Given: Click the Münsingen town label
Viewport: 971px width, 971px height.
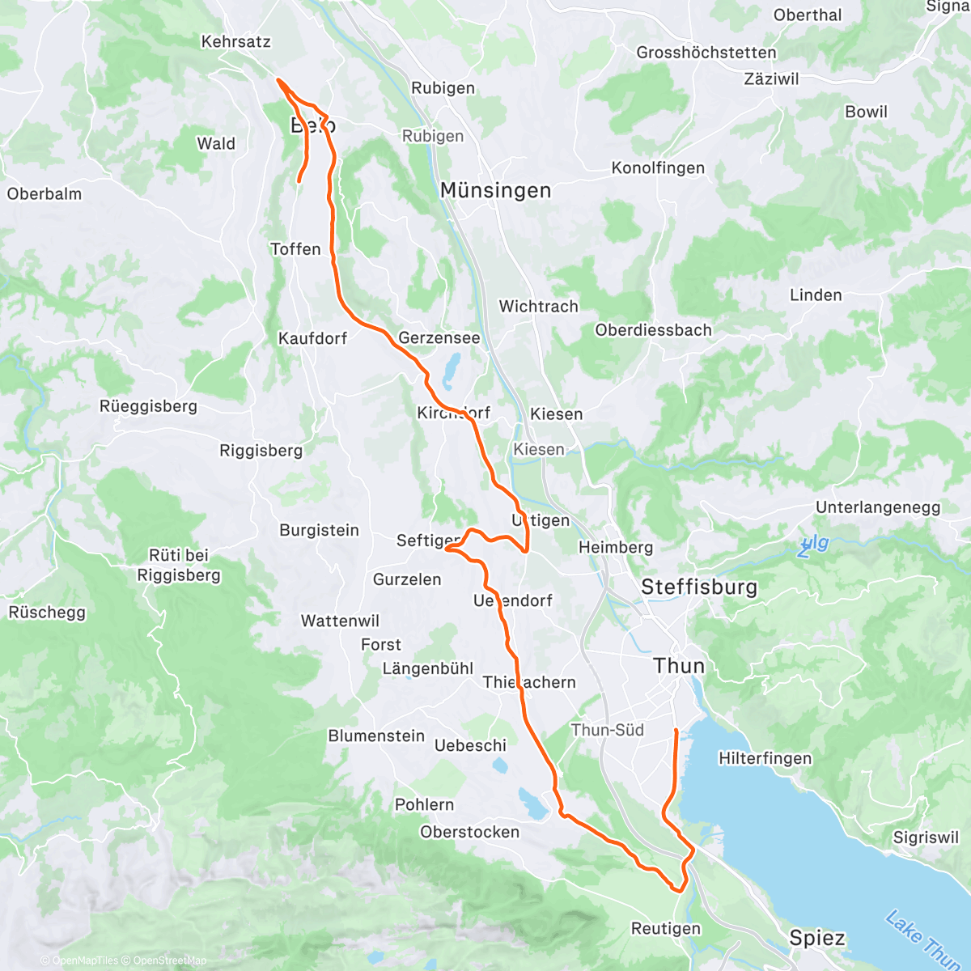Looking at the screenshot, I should [495, 191].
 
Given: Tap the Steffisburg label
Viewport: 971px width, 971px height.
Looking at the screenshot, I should [699, 587].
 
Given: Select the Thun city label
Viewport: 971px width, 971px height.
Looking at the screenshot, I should [679, 666].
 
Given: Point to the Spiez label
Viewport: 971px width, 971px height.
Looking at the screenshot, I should [817, 939].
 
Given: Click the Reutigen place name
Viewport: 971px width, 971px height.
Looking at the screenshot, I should [666, 929].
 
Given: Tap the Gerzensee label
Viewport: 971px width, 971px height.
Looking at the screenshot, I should [439, 338].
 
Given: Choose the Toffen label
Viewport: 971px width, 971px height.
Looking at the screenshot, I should [295, 249].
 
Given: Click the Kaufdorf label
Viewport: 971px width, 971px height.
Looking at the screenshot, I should [312, 339].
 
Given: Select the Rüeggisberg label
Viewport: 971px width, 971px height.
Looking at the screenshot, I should [148, 406].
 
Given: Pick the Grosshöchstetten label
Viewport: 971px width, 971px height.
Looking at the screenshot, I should [706, 53].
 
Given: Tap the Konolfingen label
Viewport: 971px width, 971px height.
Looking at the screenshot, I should [658, 168].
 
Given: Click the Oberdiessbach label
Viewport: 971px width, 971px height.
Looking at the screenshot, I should [653, 330].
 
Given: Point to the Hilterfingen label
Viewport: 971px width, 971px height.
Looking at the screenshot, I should [765, 759].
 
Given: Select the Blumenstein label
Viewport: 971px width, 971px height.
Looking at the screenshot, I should [376, 736].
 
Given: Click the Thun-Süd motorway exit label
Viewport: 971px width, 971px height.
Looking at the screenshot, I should [607, 730].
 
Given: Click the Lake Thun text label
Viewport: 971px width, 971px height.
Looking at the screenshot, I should [921, 939].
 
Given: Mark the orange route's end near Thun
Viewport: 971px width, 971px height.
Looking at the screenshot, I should [675, 731].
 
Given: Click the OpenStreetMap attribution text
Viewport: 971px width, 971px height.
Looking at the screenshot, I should [169, 960].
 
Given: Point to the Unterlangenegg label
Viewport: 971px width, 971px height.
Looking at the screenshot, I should [878, 508].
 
